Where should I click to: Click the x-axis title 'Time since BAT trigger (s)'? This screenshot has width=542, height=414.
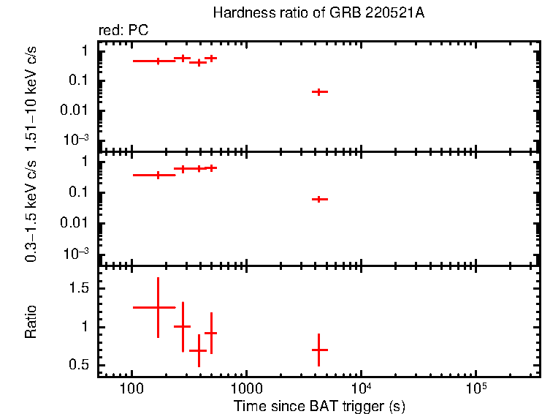tap(319, 405)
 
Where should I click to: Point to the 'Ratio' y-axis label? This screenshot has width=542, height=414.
tap(31, 322)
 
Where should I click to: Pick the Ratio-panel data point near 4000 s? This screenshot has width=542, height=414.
tap(318, 350)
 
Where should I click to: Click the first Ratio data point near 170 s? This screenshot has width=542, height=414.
tap(158, 307)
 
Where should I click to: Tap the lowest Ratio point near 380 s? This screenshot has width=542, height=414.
tap(198, 351)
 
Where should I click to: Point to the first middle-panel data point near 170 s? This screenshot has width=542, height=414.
tap(158, 175)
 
